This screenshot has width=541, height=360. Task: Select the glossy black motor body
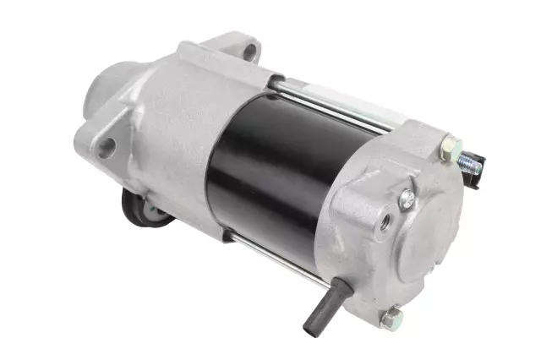pyautogui.click(x=270, y=169)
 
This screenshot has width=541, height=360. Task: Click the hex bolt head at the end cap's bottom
pyautogui.click(x=390, y=319)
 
